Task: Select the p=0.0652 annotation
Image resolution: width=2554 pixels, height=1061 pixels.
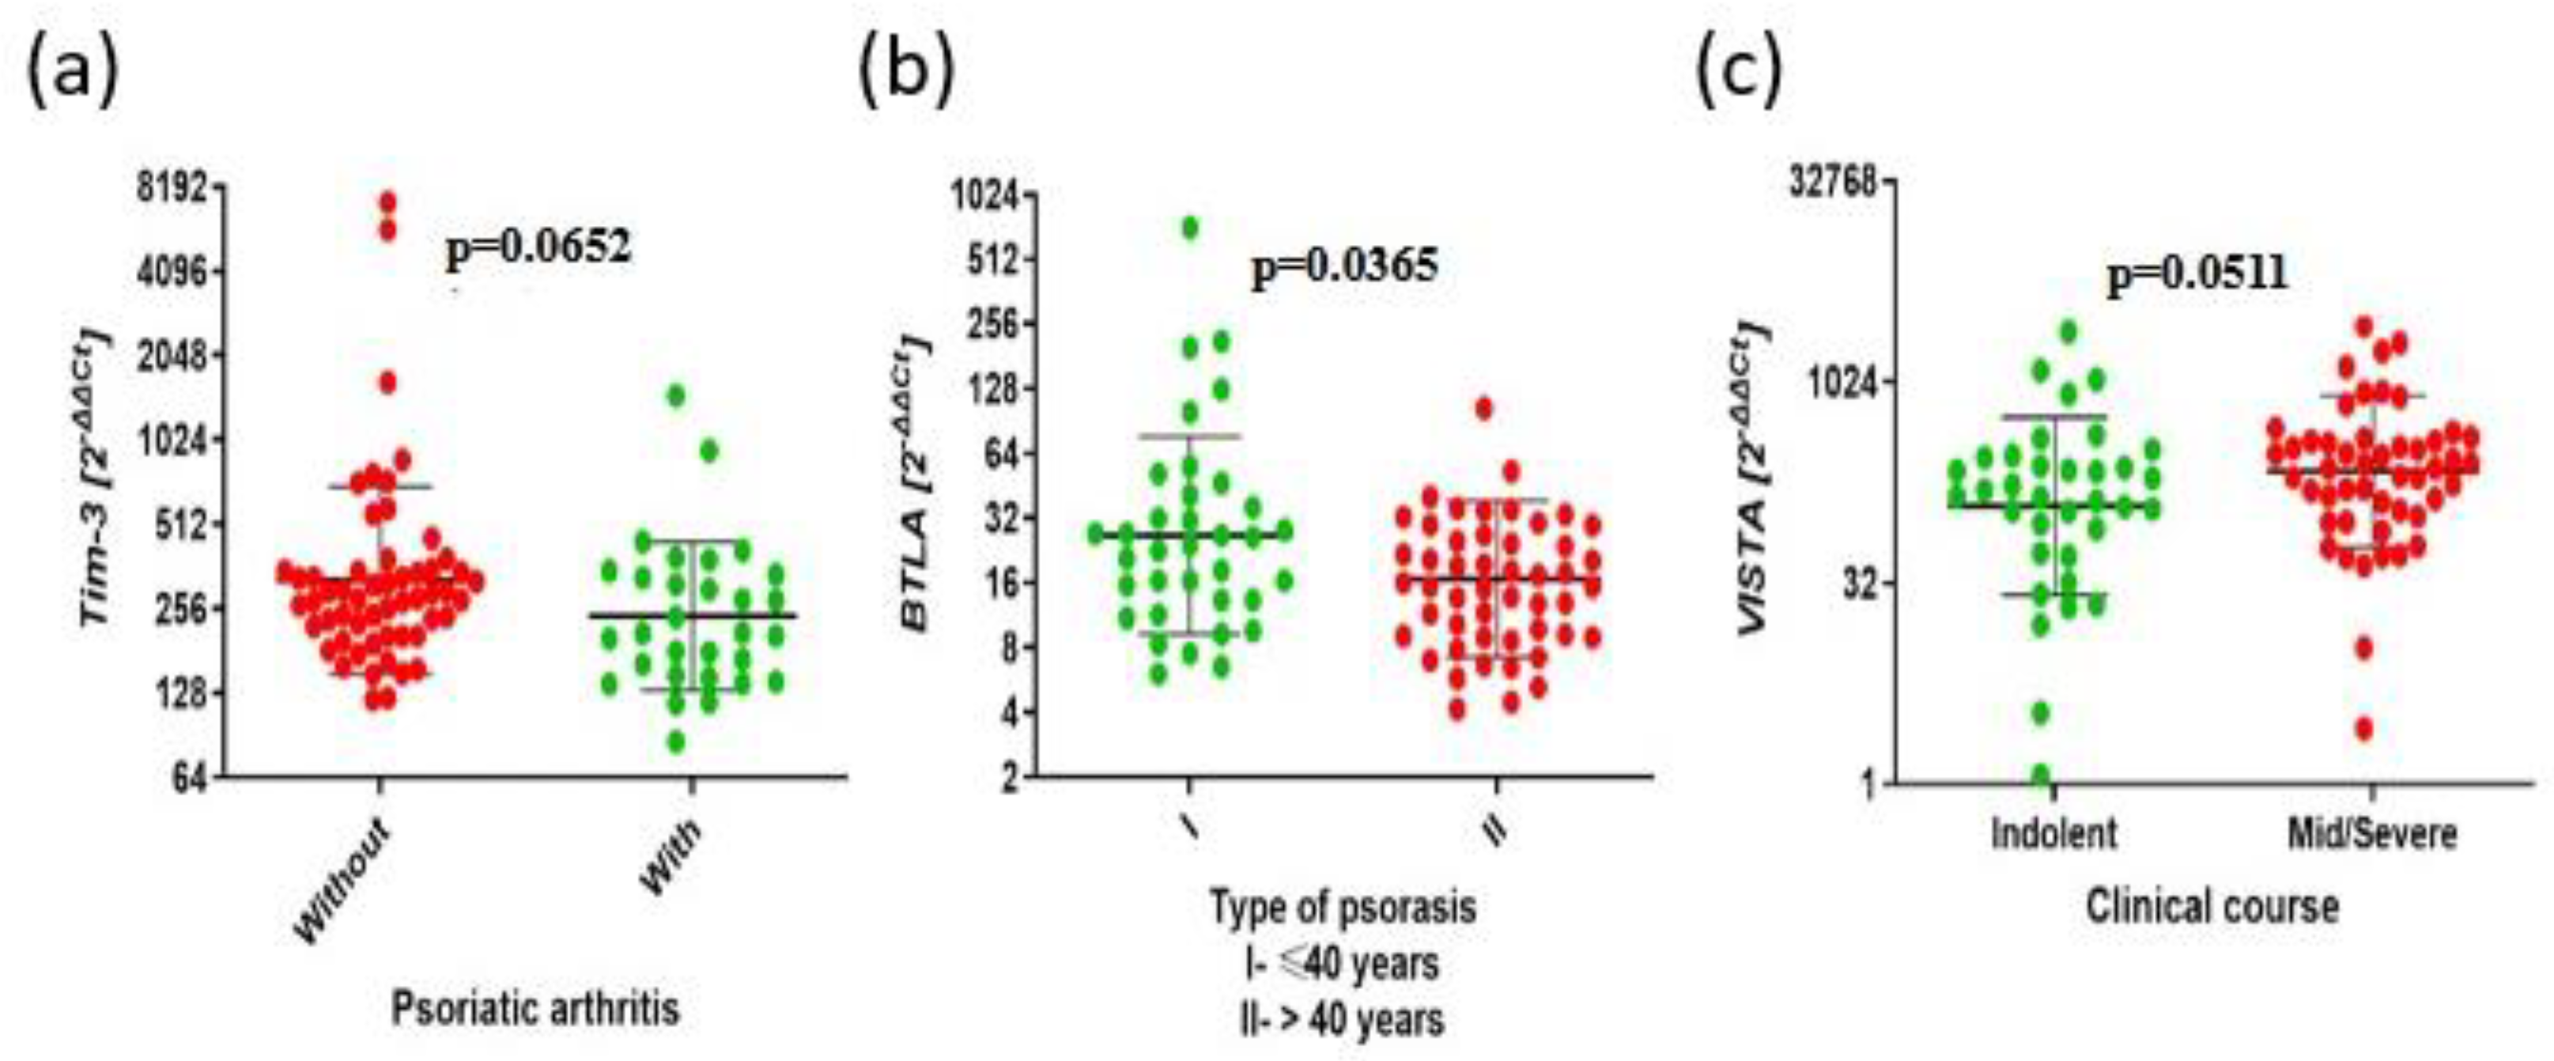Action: coord(538,247)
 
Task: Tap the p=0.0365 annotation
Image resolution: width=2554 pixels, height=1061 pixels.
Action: coord(1344,266)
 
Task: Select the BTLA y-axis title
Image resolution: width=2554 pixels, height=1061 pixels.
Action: coord(915,486)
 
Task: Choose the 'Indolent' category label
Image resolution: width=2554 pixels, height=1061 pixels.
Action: coord(2053,833)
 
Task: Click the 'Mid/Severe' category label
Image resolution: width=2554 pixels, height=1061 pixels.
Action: coord(2371,833)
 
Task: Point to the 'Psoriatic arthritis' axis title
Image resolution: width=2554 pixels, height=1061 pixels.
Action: coord(535,1010)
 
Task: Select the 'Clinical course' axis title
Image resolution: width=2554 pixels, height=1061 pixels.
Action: coord(2212,905)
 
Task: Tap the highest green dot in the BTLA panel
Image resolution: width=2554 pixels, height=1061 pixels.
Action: coord(1190,228)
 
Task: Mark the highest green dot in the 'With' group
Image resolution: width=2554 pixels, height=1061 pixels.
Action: coord(676,395)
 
